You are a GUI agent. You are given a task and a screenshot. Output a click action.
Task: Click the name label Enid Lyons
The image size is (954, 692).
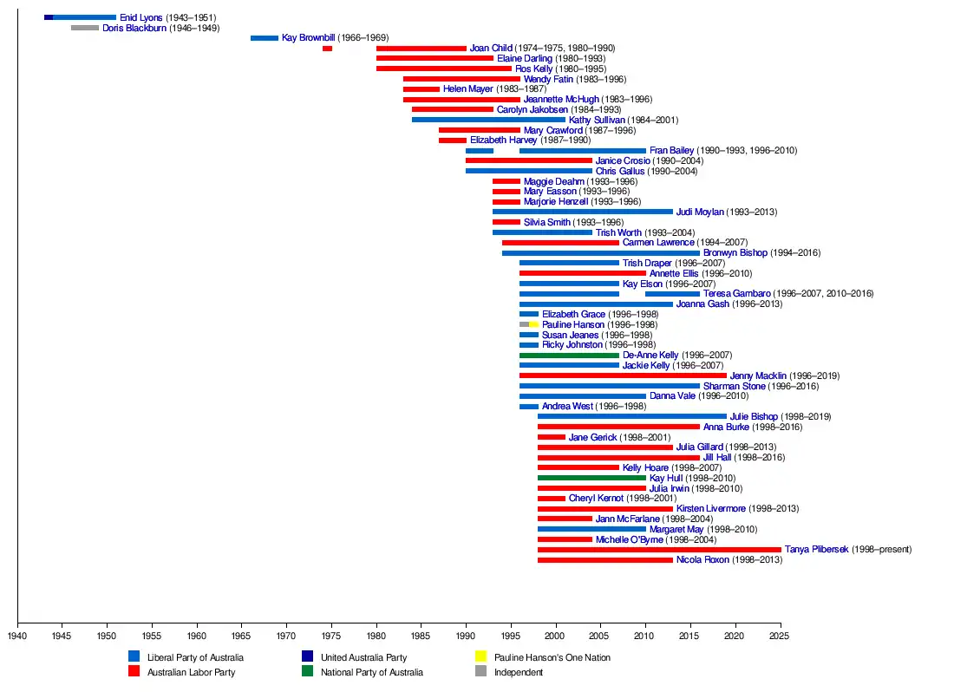[140, 17]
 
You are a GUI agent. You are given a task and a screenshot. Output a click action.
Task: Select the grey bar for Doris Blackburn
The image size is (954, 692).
[85, 28]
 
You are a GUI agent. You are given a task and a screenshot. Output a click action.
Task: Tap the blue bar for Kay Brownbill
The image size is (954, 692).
[265, 38]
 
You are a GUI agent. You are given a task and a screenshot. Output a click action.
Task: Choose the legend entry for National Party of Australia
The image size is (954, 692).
[371, 672]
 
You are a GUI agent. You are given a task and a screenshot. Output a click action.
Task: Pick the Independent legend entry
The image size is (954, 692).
[518, 672]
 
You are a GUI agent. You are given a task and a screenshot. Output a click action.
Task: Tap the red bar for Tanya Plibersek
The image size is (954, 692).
[659, 550]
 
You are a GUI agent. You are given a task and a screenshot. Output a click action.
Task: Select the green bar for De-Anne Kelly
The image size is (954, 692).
[569, 356]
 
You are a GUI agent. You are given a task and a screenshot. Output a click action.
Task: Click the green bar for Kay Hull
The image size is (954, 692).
[591, 478]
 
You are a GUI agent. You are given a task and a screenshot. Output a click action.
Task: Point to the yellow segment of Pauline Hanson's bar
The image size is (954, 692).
[533, 324]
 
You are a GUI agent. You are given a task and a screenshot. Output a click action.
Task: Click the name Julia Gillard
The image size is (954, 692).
[699, 447]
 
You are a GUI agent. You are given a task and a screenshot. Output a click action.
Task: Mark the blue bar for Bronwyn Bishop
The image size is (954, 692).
[600, 253]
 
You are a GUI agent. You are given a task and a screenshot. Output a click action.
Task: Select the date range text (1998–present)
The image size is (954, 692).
[881, 550]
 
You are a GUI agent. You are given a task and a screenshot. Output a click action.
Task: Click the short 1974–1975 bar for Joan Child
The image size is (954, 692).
[327, 49]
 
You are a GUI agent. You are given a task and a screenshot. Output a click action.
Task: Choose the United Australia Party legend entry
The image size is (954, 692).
[363, 657]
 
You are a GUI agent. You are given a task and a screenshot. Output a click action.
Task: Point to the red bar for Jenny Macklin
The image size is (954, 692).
[623, 375]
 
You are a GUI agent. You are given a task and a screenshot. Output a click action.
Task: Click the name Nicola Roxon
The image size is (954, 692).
[702, 560]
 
